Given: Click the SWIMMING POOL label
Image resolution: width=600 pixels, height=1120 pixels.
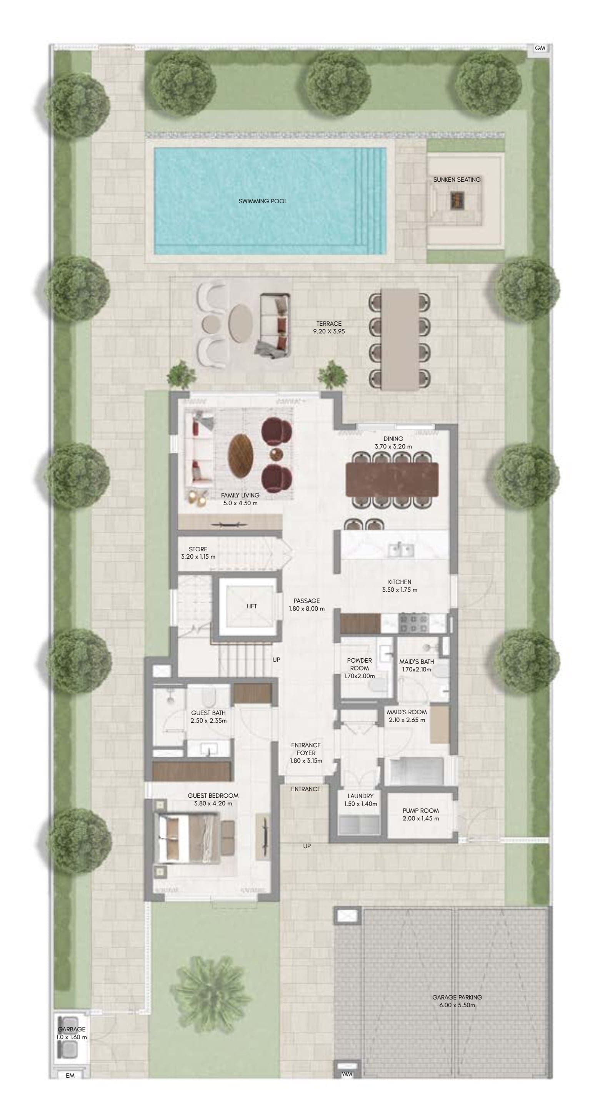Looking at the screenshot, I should [262, 201].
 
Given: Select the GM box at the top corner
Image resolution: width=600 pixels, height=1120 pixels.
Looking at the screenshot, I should [540, 48].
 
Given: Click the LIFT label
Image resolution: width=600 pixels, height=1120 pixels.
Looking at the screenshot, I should [252, 606].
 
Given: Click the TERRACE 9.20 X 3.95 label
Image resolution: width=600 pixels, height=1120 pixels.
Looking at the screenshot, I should [329, 327].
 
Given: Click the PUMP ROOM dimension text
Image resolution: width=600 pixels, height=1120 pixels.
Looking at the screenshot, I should [420, 818].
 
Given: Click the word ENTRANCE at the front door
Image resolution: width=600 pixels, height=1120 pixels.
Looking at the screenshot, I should [305, 789].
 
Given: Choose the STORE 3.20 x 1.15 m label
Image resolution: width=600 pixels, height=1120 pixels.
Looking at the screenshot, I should [198, 552].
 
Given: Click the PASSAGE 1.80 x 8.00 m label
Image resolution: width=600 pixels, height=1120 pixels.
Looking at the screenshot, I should [307, 605].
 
